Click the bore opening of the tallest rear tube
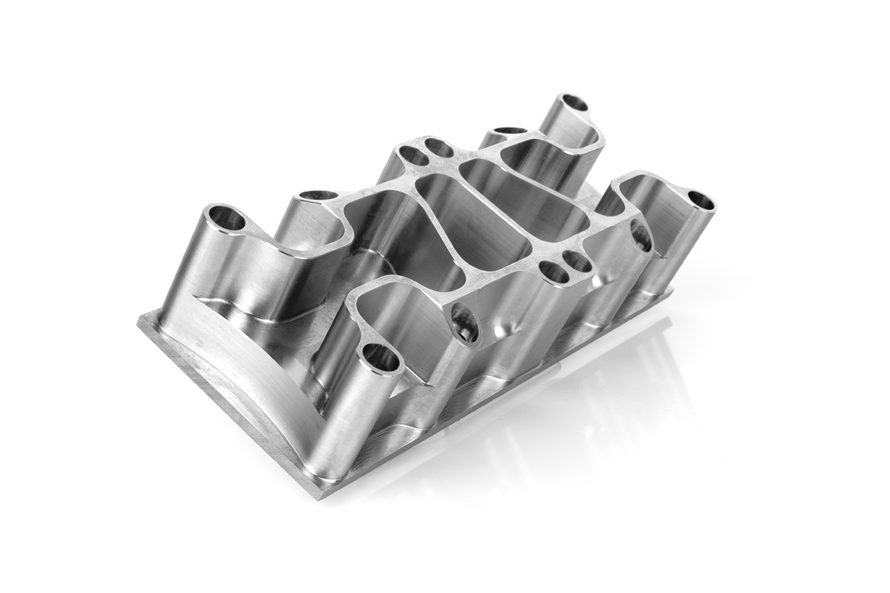coord(574,103)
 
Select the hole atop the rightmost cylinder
coord(700,201)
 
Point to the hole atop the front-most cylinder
coord(380,358)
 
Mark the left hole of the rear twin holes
coord(414,156)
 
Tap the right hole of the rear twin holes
coord(439,147)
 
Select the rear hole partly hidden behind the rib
coord(510,131)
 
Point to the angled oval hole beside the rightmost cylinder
coord(641,236)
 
